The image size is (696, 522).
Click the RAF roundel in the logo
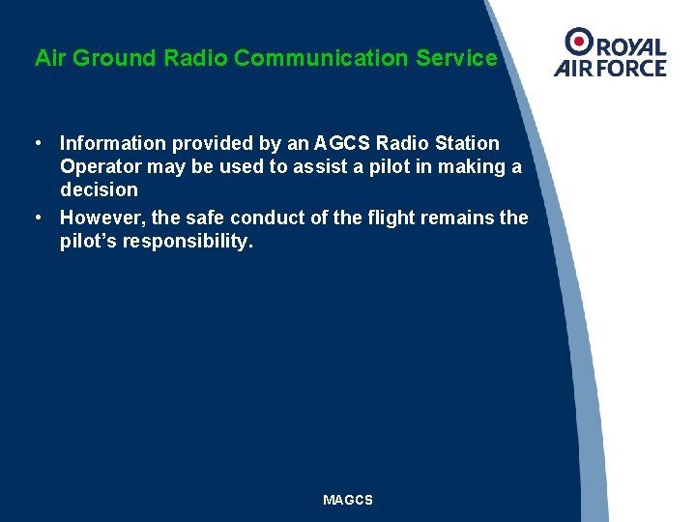point(578,42)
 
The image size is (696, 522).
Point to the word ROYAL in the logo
point(629,46)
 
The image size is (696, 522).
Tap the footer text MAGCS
point(348,500)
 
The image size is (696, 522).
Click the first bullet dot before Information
point(36,143)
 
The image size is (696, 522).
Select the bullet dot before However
point(36,217)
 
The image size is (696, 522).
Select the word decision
point(99,189)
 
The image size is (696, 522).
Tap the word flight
point(380,217)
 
